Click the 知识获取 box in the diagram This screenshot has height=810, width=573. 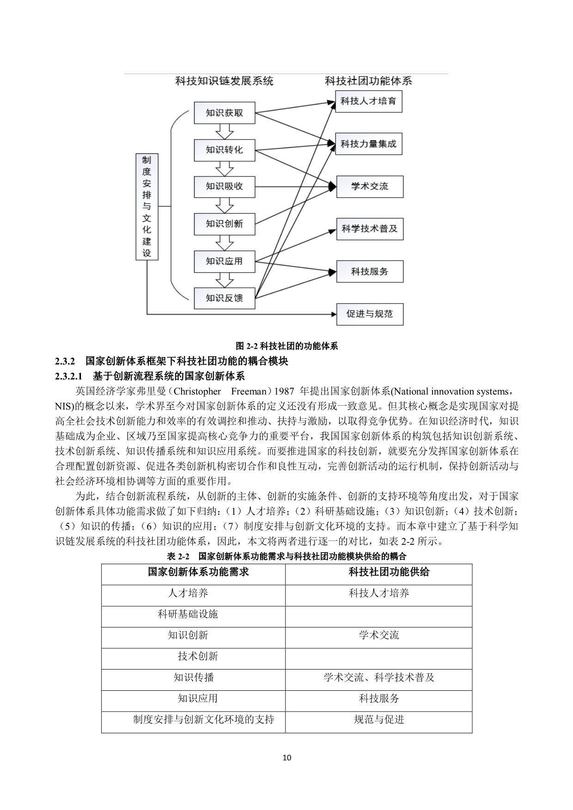tap(224, 113)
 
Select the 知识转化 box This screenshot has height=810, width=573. tap(224, 150)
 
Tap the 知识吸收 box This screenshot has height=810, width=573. tap(224, 187)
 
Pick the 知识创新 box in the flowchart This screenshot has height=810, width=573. tap(224, 224)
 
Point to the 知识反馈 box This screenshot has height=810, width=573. tap(224, 298)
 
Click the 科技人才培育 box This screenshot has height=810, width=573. tap(369, 101)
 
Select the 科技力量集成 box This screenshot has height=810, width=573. tap(369, 144)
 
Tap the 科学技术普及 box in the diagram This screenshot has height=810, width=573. tap(369, 229)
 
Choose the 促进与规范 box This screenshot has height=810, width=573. tap(369, 314)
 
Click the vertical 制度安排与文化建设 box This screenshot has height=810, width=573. tap(146, 206)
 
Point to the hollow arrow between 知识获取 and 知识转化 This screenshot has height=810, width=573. tap(225, 132)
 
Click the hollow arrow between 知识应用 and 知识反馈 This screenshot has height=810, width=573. tap(225, 280)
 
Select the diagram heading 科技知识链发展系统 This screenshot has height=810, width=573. tap(224, 81)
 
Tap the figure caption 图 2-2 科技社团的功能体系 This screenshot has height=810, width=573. tap(286, 346)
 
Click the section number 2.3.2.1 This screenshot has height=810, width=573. tap(68, 376)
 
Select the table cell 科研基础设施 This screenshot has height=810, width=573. tap(188, 614)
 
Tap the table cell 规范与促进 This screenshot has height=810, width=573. tap(379, 719)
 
